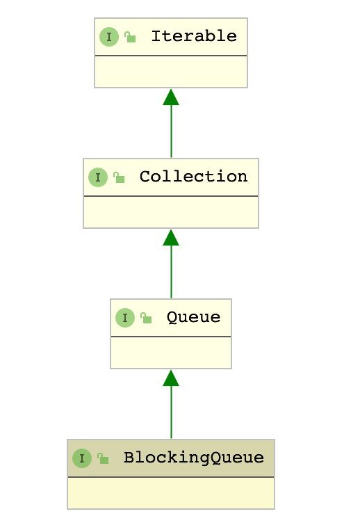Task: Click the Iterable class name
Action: click(194, 36)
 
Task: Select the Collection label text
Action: click(194, 177)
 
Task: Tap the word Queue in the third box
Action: click(194, 317)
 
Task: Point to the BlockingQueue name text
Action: click(194, 458)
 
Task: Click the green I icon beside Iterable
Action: click(109, 36)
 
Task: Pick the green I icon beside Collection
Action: click(98, 177)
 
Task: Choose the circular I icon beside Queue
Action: click(125, 318)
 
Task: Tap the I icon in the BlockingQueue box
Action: click(82, 458)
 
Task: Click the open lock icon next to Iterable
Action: click(130, 37)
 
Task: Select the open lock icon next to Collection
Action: click(119, 177)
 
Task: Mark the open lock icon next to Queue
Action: click(146, 318)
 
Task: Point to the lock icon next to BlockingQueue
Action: click(103, 458)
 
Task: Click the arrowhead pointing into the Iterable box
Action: click(171, 97)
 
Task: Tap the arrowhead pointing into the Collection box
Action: click(171, 237)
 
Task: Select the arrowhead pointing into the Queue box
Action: click(171, 378)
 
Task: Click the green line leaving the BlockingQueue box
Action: click(172, 412)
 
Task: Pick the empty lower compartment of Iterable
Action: click(171, 72)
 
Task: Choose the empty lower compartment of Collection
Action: click(171, 212)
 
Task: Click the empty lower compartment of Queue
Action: click(171, 353)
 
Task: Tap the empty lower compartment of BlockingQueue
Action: click(171, 493)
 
